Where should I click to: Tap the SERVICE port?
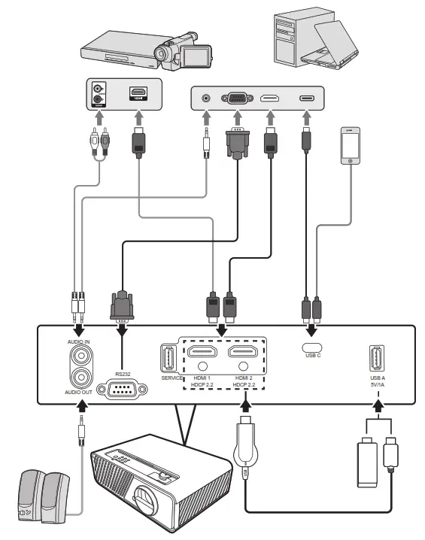(x=168, y=356)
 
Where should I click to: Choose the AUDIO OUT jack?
(x=79, y=378)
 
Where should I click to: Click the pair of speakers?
(x=44, y=496)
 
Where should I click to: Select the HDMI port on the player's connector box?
(x=138, y=94)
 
